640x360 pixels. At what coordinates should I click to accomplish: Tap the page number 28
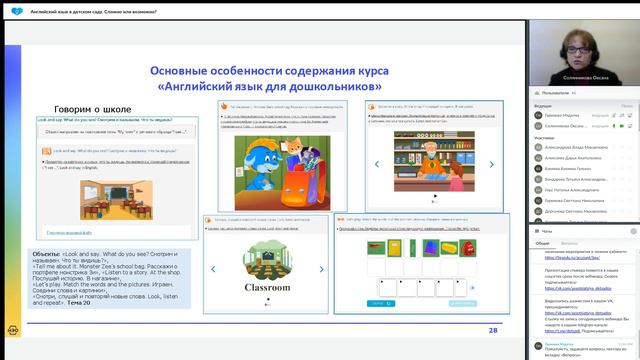(493, 329)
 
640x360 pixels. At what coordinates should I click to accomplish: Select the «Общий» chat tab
(542, 243)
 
